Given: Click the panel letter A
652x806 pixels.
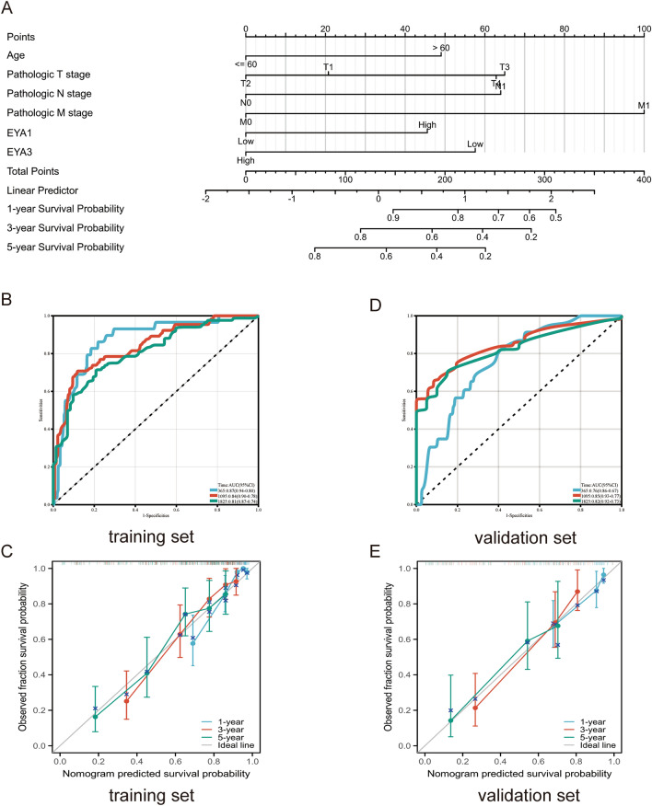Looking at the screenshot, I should [x=12, y=10].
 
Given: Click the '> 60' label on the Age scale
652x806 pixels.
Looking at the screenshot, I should [x=441, y=46].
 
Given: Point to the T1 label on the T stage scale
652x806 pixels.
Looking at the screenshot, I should [x=329, y=66].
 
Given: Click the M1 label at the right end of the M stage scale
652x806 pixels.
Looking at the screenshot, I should [x=644, y=106].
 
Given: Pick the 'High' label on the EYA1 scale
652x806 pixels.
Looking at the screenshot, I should [x=427, y=124].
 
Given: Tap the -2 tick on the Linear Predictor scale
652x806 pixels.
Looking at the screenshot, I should [x=206, y=199].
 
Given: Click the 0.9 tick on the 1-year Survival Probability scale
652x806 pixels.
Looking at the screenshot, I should [x=393, y=217].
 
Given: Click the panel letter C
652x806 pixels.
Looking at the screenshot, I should [x=12, y=553].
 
